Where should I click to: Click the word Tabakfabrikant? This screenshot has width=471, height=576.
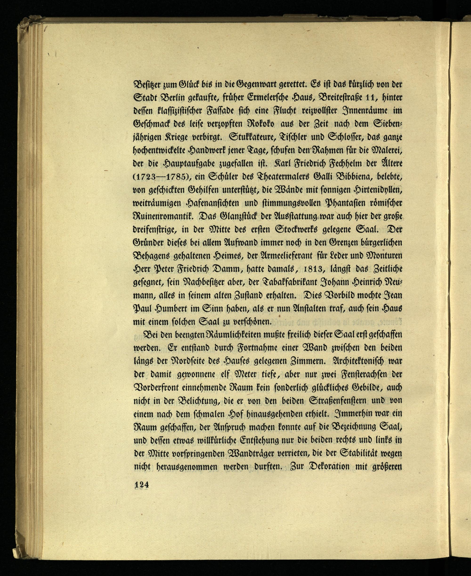pos(295,282)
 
